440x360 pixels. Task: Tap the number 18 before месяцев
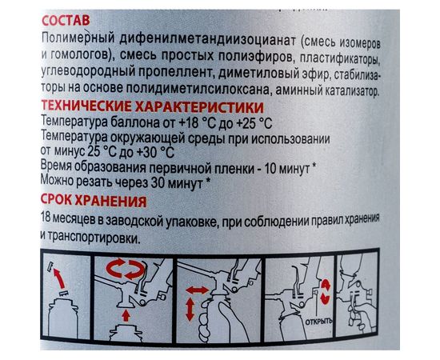tap(45, 221)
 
